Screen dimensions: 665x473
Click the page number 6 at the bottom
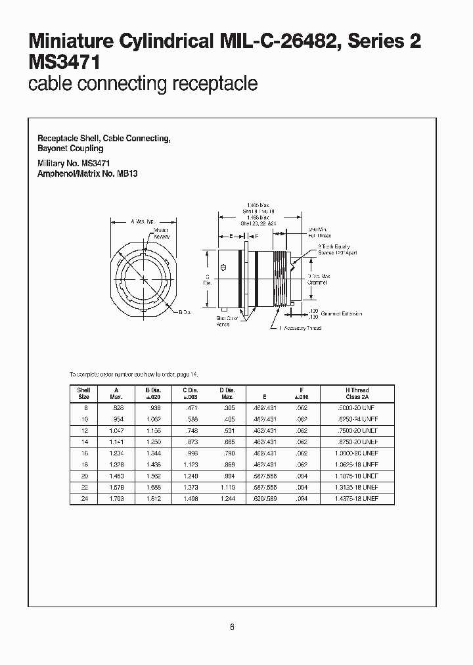click(x=232, y=627)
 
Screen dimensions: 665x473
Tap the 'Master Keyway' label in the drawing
click(x=162, y=233)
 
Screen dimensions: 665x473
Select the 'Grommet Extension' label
click(x=341, y=314)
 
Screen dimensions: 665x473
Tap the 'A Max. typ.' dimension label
click(x=142, y=221)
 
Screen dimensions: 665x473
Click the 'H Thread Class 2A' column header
click(x=362, y=394)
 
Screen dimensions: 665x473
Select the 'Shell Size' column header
click(x=84, y=394)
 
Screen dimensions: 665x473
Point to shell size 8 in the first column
click(x=84, y=407)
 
